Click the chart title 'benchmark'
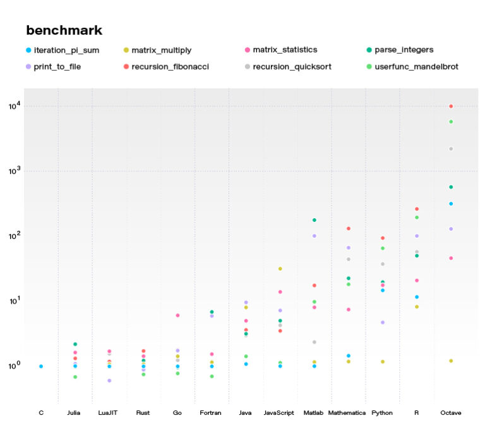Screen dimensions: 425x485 [64, 30]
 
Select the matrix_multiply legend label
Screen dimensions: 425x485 [161, 49]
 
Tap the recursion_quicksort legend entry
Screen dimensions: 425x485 [296, 66]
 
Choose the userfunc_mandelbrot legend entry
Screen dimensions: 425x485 [417, 66]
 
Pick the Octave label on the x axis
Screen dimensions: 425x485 [451, 412]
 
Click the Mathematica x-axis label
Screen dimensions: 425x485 [347, 412]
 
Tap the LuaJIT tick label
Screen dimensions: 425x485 [109, 412]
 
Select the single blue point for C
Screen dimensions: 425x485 [41, 366]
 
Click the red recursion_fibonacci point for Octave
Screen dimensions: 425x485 [451, 106]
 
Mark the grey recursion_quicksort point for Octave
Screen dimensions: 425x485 [451, 149]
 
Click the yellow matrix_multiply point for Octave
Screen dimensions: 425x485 [451, 360]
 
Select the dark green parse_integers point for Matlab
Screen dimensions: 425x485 [314, 220]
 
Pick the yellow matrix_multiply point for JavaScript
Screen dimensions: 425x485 [280, 269]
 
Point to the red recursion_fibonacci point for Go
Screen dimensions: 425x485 [177, 315]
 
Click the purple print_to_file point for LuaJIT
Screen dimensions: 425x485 [109, 380]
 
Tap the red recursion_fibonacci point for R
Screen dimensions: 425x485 [417, 209]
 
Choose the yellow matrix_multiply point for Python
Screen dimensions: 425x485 [382, 361]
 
